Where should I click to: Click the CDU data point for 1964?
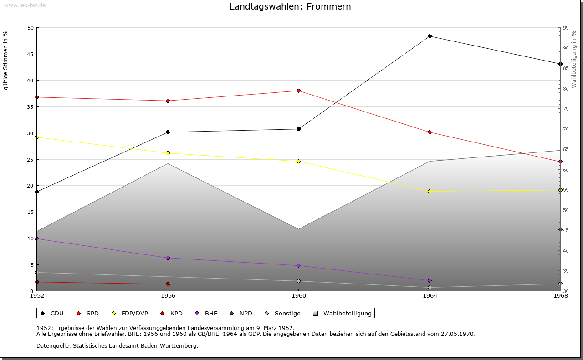pos(430,36)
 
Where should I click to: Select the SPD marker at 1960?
pos(298,91)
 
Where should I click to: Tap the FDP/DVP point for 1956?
pos(168,153)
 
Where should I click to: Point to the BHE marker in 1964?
pos(430,280)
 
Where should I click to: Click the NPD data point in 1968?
pos(560,229)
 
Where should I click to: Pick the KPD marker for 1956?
pos(168,284)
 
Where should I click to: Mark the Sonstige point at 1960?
pos(298,281)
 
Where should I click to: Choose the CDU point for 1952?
pos(36,192)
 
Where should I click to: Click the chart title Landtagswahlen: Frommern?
pos(290,7)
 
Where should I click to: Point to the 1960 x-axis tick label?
pos(298,296)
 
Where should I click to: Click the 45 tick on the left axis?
pos(31,54)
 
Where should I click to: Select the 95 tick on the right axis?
pos(566,28)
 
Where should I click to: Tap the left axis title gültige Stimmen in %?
pos(6,61)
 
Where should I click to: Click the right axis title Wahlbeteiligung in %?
pos(574,60)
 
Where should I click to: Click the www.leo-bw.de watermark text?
pos(24,5)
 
